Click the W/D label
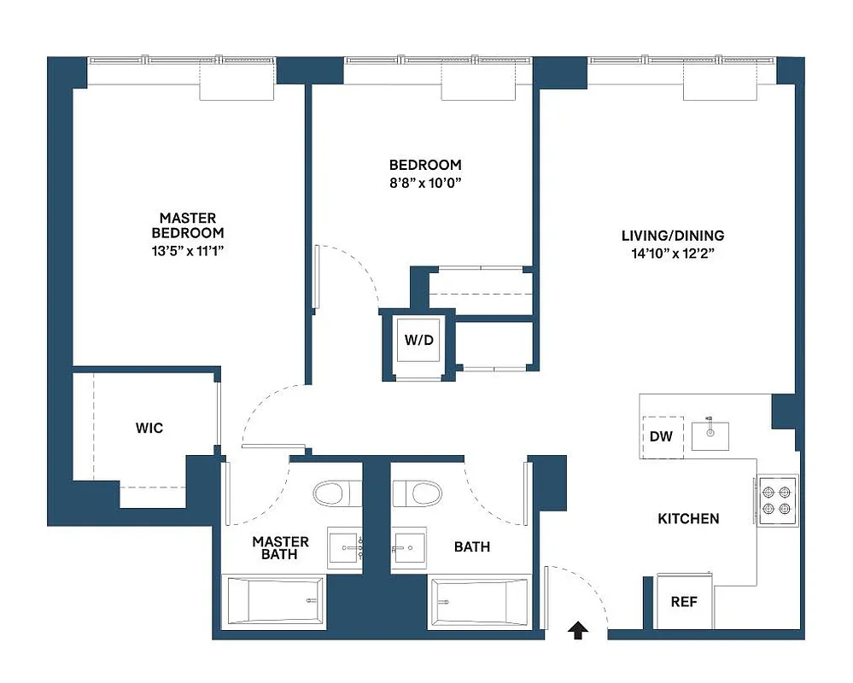418,341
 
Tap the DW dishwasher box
662,436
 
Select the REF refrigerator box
683,601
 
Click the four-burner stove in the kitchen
777,500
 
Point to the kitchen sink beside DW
710,435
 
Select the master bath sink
345,549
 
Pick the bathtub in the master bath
274,601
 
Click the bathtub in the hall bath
479,603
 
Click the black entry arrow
578,630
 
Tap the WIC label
149,427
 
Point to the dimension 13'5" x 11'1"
188,250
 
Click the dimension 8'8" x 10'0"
425,183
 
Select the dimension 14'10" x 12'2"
673,254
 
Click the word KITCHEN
688,518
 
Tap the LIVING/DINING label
673,236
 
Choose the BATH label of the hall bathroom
472,546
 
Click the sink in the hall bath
407,549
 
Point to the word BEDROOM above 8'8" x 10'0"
425,165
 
